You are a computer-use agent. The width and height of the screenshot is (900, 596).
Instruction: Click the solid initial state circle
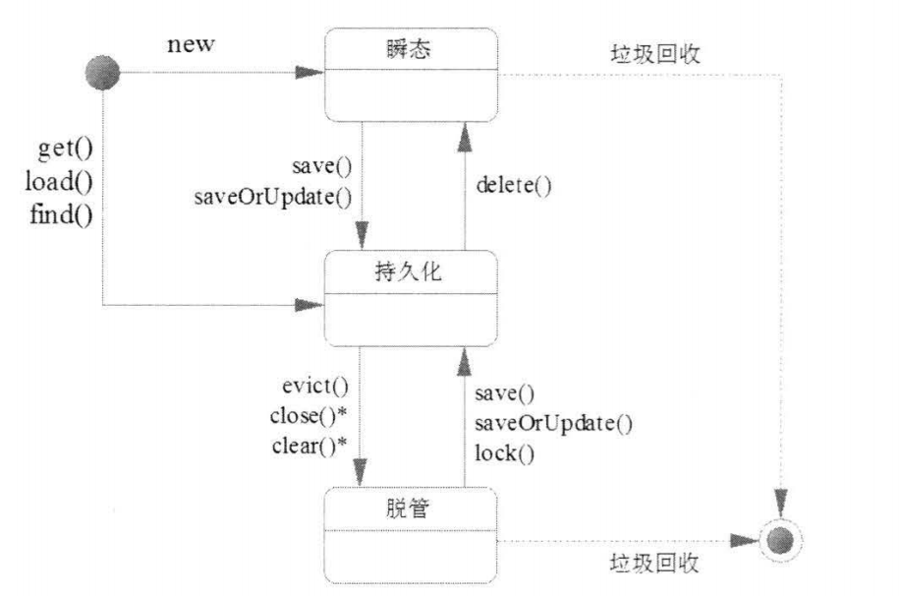(102, 72)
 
